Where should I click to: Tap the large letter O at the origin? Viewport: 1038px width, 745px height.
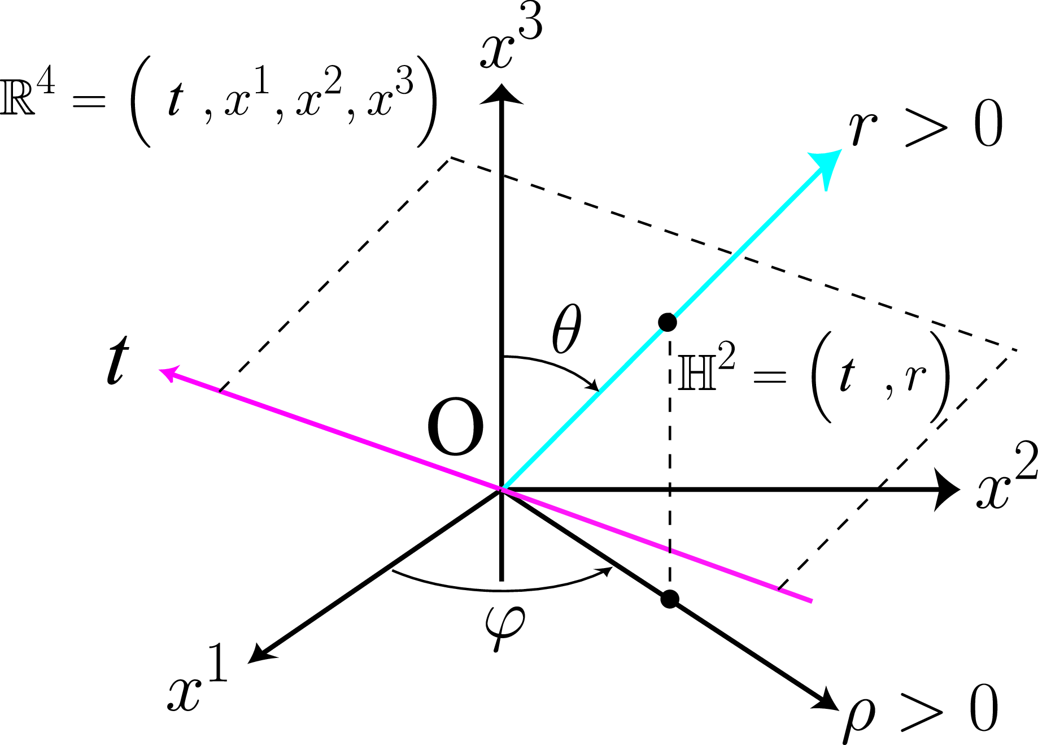click(x=455, y=427)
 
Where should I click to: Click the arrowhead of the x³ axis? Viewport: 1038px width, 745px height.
click(x=501, y=94)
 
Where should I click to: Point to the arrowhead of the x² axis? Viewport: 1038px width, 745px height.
click(x=947, y=490)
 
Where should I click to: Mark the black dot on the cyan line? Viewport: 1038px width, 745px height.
click(x=668, y=322)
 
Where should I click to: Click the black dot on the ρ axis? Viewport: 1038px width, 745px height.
click(x=670, y=599)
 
